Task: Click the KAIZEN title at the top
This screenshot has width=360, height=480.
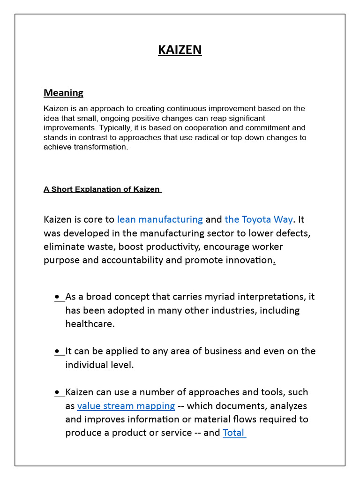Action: (x=180, y=49)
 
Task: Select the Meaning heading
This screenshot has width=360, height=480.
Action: (x=63, y=93)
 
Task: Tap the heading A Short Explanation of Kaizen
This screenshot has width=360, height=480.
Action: (x=102, y=189)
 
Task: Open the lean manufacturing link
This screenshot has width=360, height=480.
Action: (x=160, y=219)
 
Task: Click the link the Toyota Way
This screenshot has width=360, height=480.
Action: (x=258, y=219)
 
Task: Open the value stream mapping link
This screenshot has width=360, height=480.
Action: (x=126, y=406)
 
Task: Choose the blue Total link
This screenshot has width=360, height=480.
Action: (x=233, y=433)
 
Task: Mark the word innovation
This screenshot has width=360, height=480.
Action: (x=249, y=260)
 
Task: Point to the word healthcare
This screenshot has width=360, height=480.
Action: (x=90, y=324)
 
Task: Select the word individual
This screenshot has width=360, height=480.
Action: (x=87, y=365)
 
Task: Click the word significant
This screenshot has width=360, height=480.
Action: (x=243, y=118)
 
